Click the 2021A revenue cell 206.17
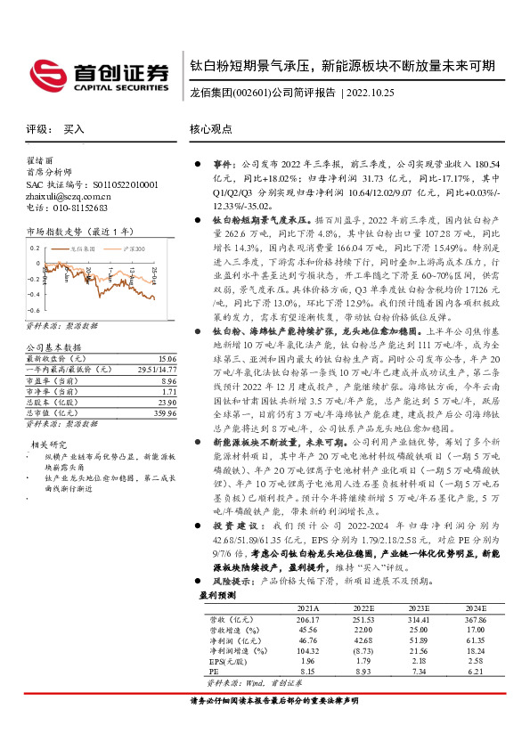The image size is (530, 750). pyautogui.click(x=307, y=643)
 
